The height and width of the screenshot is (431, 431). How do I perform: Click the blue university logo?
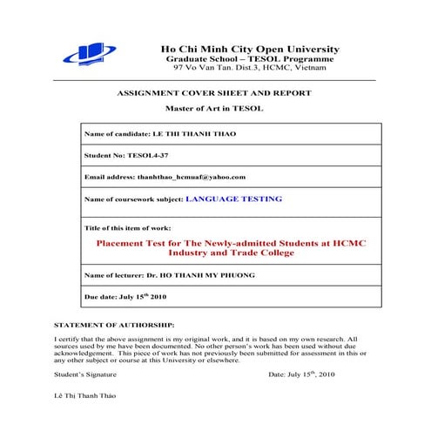point(90,53)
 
